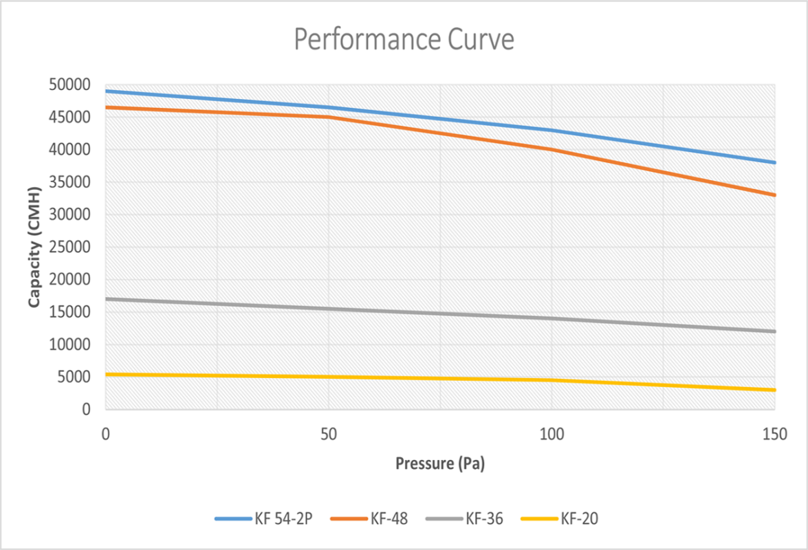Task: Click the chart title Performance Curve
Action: (x=404, y=40)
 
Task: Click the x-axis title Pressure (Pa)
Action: (x=440, y=463)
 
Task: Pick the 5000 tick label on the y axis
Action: (x=74, y=377)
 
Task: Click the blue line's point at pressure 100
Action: (x=552, y=130)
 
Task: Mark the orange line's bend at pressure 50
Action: (x=329, y=117)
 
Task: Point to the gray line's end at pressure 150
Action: (x=775, y=331)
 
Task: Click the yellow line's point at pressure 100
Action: (x=552, y=380)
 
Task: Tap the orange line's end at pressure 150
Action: (x=775, y=195)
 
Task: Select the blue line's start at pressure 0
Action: (x=106, y=91)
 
